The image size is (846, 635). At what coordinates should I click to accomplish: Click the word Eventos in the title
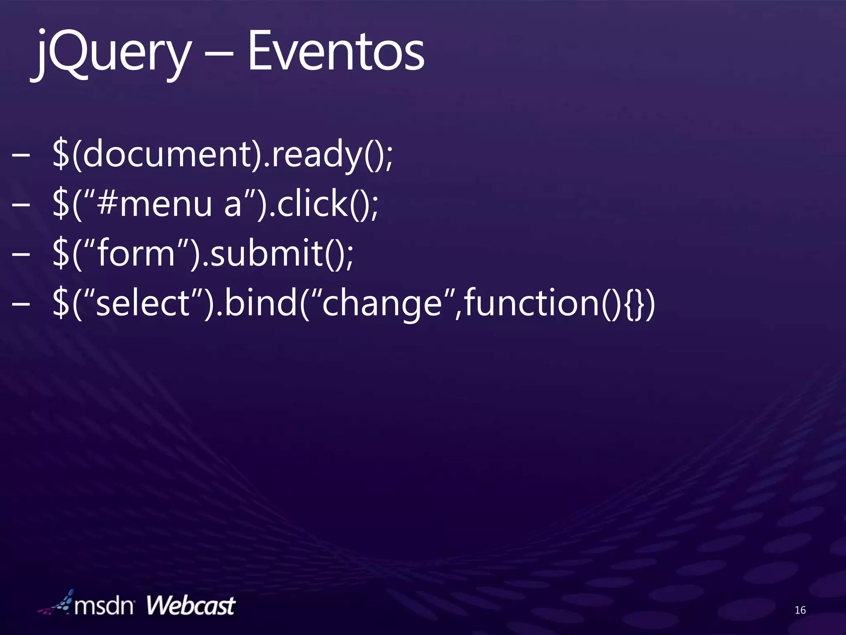pyautogui.click(x=335, y=53)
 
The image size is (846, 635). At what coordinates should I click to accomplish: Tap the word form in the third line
pyautogui.click(x=136, y=253)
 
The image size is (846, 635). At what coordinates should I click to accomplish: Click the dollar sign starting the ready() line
pyautogui.click(x=61, y=154)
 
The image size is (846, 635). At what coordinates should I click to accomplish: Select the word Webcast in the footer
pyautogui.click(x=190, y=606)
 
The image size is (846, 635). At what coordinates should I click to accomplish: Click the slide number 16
pyautogui.click(x=800, y=610)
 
